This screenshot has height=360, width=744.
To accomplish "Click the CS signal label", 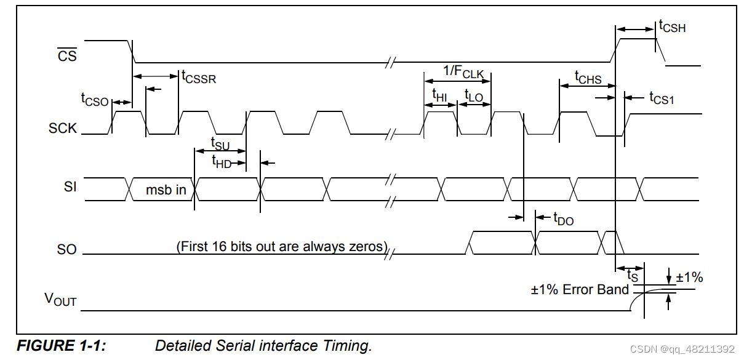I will point(67,56).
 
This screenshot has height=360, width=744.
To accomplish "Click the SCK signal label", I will point(63,129).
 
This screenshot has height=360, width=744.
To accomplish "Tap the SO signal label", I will point(67,249).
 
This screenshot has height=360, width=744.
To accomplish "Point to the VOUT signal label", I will point(60,299).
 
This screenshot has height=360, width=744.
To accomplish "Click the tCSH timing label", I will point(672,26).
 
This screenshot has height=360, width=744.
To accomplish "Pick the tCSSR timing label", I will point(198,77).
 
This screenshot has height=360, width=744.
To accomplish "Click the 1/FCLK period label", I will point(463,72).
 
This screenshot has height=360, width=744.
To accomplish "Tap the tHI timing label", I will point(439,95).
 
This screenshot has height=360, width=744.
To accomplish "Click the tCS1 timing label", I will point(662,98).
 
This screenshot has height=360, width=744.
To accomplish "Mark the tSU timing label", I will point(220,144).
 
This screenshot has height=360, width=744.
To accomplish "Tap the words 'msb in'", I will point(166,190).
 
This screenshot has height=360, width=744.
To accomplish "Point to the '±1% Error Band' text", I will point(580,289).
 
